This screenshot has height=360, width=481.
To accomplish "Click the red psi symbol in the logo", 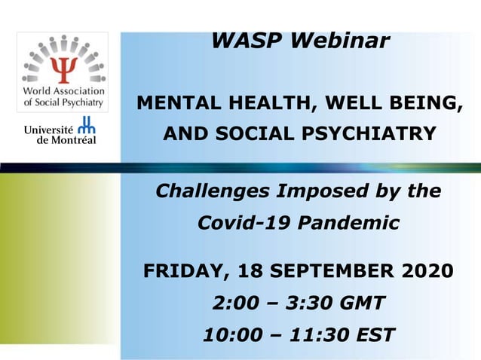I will tap(63, 70).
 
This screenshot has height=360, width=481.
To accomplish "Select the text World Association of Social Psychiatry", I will tap(63, 96).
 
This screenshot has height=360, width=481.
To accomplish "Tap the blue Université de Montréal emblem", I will tap(87, 127).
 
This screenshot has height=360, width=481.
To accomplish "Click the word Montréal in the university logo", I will tap(72, 140).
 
